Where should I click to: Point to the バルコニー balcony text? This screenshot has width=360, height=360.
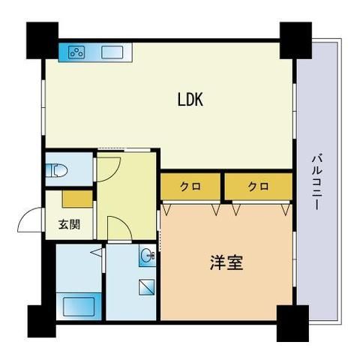318,181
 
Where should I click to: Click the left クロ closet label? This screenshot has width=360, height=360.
190,186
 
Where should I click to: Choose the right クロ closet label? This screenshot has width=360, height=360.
257,186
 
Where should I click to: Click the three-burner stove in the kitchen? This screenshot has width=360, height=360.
76,52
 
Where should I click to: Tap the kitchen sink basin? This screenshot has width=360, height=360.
113,52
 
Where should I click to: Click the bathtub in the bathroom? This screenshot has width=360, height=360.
78,306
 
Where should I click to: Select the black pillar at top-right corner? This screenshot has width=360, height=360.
295,37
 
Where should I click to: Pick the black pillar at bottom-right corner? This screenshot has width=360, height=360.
292,323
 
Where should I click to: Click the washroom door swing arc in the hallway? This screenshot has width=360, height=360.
118,226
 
